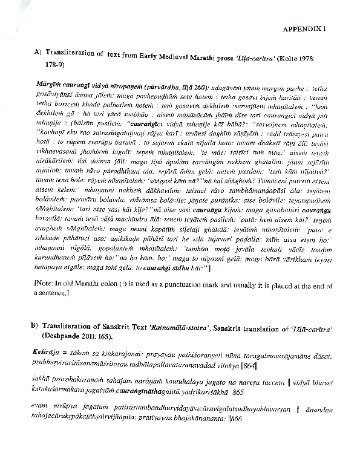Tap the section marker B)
35,325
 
